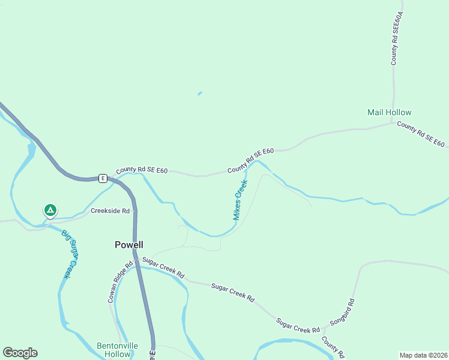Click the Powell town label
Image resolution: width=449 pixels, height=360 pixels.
coord(129,245)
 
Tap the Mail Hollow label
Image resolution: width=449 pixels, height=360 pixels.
coord(390,112)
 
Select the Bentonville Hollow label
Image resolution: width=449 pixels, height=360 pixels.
coord(117,350)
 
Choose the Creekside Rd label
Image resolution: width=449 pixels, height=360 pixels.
coord(110,211)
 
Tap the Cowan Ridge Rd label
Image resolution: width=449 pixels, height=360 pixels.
coord(119,281)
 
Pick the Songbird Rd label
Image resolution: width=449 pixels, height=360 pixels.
coord(343,313)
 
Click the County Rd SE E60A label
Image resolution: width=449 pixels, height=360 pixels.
coord(396,37)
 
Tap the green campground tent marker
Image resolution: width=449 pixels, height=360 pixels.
coord(50,211)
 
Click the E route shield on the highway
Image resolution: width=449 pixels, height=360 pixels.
coord(103,178)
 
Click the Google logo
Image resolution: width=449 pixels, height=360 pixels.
coord(20,353)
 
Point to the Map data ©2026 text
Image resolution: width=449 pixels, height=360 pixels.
coord(423,355)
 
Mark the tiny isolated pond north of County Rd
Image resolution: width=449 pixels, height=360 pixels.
coord(200,93)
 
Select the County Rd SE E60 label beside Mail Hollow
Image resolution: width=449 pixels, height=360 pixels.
coord(421,134)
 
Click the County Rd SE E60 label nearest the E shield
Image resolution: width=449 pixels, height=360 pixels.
coord(142,170)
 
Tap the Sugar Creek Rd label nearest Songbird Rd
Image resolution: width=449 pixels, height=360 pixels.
coord(298,326)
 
